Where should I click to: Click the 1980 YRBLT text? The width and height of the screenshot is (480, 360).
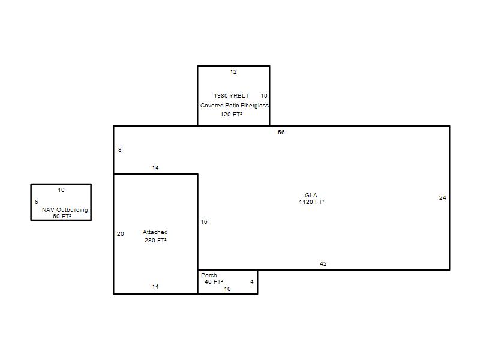tap(232, 96)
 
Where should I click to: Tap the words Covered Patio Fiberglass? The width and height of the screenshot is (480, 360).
tap(235, 106)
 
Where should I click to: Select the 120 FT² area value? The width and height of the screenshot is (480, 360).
tap(231, 115)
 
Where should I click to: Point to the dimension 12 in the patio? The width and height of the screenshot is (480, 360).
tap(233, 72)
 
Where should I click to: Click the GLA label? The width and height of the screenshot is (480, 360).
tap(311, 196)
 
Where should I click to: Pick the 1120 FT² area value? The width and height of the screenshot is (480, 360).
tap(311, 202)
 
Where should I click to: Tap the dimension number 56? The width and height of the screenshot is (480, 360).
tap(281, 132)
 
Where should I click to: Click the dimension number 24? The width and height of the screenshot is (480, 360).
tap(442, 198)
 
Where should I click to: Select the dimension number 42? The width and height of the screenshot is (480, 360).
tap(323, 263)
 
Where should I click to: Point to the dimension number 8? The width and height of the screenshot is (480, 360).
tap(119, 149)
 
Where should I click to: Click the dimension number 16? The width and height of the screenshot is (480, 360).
tap(204, 221)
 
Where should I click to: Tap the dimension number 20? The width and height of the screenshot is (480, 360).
tap(121, 233)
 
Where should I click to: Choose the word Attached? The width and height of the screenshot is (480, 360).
tap(155, 232)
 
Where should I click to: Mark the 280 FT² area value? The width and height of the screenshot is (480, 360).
tap(155, 241)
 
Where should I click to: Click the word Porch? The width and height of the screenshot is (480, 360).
tap(209, 275)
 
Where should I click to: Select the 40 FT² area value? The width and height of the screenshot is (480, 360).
tap(214, 281)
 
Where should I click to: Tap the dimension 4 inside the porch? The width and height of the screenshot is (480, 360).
tap(252, 281)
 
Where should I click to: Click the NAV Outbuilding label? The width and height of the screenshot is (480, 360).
tap(65, 209)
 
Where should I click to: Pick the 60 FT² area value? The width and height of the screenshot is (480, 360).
tap(62, 217)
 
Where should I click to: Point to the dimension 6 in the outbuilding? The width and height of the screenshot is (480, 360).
tap(37, 202)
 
